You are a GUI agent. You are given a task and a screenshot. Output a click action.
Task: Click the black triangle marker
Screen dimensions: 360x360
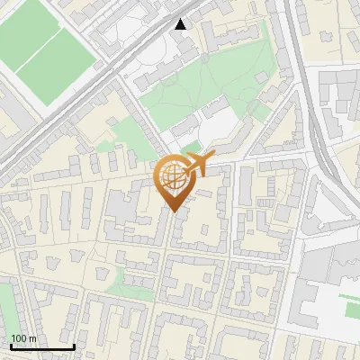point(182,24)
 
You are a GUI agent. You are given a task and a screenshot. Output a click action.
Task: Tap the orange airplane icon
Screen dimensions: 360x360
point(198,165)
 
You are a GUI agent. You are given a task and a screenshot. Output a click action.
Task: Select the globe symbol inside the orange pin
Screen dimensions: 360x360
point(174,179)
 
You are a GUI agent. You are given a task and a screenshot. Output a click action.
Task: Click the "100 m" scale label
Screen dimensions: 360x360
point(24,338)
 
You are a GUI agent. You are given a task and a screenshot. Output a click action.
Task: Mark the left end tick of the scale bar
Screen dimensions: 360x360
point(10,346)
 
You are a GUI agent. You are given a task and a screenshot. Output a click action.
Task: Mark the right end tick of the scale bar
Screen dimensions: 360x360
point(74,346)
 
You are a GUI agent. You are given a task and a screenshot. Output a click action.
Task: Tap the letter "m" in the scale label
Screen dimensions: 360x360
point(34,338)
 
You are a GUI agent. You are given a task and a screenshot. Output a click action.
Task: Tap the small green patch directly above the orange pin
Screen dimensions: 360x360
point(190,147)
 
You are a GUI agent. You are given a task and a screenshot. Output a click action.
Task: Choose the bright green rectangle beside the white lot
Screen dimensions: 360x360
point(352,309)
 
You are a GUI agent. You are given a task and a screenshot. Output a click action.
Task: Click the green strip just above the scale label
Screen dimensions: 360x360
point(7,306)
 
